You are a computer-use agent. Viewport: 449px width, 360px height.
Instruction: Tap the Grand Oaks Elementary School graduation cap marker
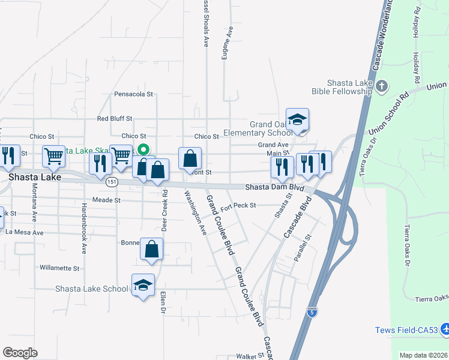click(x=297, y=120)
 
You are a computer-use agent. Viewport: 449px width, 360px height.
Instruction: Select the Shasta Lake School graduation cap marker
click(x=143, y=286)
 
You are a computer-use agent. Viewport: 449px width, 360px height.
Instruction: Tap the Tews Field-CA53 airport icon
click(x=445, y=329)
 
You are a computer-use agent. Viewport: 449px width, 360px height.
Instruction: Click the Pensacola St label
click(x=134, y=94)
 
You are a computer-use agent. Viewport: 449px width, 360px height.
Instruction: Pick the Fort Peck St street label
click(x=238, y=206)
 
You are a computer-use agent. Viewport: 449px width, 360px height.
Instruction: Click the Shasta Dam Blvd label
click(x=271, y=187)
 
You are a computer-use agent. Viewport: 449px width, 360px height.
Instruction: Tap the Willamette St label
click(x=59, y=268)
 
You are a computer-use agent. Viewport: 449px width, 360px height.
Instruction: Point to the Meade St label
click(x=106, y=199)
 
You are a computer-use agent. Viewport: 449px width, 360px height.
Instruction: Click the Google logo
click(x=20, y=352)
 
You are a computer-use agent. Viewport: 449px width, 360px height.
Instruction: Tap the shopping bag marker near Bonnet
click(x=152, y=250)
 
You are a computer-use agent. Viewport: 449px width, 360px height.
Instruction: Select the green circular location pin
click(x=143, y=150)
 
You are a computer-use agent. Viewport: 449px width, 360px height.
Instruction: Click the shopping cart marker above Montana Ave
click(x=53, y=157)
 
